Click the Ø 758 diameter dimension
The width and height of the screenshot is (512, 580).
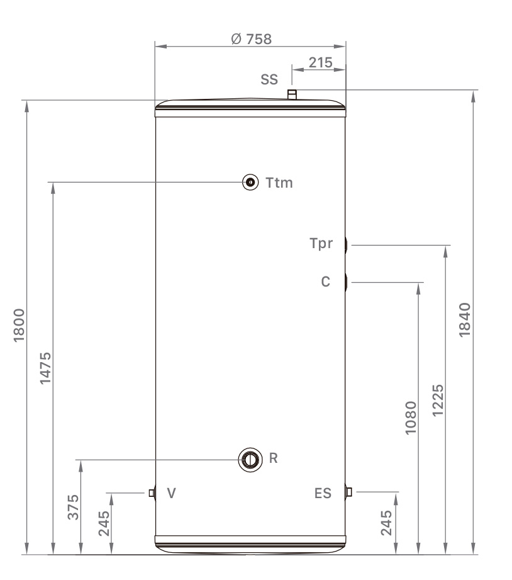click(251, 39)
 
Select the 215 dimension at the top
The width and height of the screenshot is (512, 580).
click(321, 63)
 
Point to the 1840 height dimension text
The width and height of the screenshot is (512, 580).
click(465, 320)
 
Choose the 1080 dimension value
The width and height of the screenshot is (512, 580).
click(411, 417)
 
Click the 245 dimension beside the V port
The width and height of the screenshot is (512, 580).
click(104, 521)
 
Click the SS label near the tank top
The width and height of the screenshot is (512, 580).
click(269, 81)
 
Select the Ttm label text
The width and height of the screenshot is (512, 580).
click(279, 183)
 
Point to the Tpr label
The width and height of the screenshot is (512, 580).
click(321, 244)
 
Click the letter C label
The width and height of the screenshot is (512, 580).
click(325, 282)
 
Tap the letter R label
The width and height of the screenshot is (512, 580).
click(273, 458)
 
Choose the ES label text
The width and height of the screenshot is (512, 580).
click(322, 493)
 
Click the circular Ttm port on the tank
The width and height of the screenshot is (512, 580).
click(251, 183)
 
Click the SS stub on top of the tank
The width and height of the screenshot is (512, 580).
click(292, 94)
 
